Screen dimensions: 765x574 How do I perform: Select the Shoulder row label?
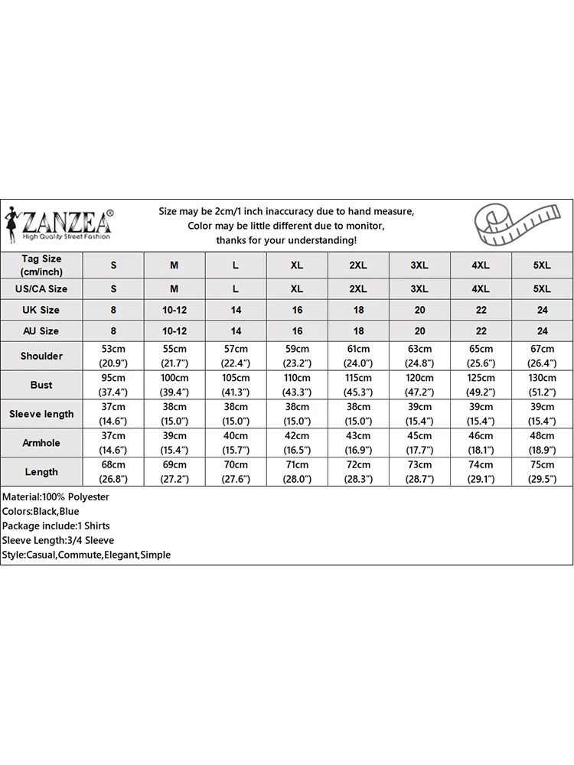pyautogui.click(x=41, y=356)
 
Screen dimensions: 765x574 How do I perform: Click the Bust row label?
pyautogui.click(x=41, y=385)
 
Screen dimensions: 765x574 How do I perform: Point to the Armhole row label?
pyautogui.click(x=41, y=443)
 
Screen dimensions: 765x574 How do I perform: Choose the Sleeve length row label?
pyautogui.click(x=41, y=414)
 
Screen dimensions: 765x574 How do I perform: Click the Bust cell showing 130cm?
pyautogui.click(x=542, y=385)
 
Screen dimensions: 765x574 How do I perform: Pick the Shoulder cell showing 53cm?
pyautogui.click(x=113, y=356)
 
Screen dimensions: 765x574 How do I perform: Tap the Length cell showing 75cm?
pyautogui.click(x=542, y=472)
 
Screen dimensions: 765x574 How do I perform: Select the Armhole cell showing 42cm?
pyautogui.click(x=297, y=443)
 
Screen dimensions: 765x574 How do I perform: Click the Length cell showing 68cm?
pyautogui.click(x=113, y=472)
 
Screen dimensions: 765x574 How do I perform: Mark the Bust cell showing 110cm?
pyautogui.click(x=297, y=385)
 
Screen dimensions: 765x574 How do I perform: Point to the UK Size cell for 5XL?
pyautogui.click(x=542, y=310)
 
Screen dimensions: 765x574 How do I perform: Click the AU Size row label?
pyautogui.click(x=41, y=331)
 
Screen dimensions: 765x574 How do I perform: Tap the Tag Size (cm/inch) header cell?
pyautogui.click(x=41, y=265)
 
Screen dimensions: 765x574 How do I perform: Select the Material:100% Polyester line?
pyautogui.click(x=56, y=497)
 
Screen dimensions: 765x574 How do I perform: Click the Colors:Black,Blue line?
pyautogui.click(x=41, y=512)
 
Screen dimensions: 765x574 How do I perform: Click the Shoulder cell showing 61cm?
pyautogui.click(x=358, y=356)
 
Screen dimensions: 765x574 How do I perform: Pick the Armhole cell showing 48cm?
pyautogui.click(x=542, y=443)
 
